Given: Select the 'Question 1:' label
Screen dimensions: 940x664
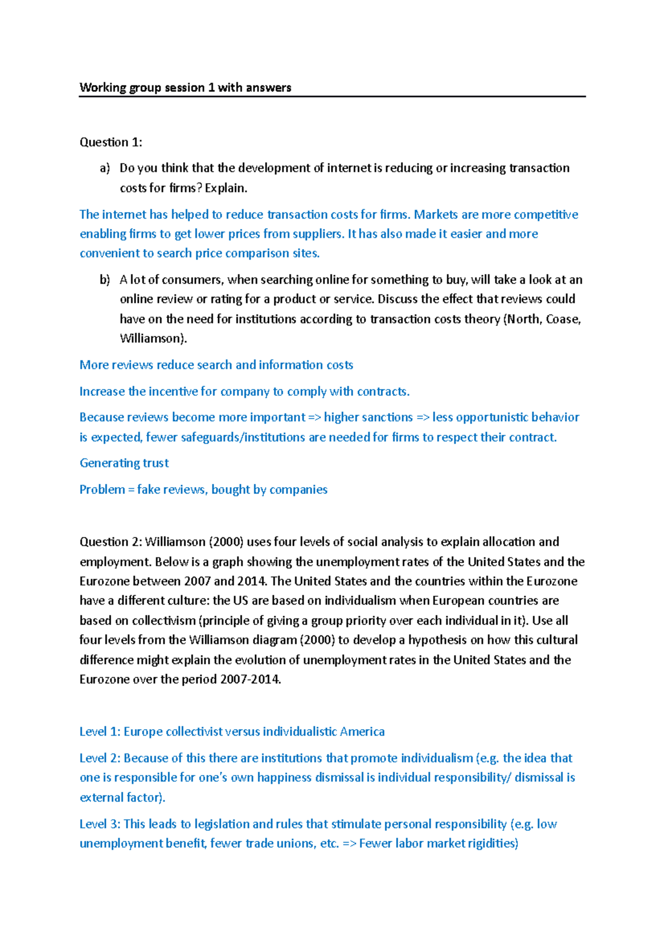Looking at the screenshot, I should pos(111,142).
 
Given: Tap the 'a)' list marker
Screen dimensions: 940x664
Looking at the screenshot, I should pos(105,168).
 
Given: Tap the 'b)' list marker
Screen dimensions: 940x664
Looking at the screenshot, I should pos(105,280).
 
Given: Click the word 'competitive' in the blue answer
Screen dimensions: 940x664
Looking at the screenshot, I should pos(550,215).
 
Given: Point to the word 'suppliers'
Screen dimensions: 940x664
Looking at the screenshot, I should pos(317,234).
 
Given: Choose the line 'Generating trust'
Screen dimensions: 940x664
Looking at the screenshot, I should pos(124,463).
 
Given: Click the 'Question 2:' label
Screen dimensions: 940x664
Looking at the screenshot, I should pos(111,542).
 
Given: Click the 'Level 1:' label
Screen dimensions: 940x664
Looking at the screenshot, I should pos(100,732).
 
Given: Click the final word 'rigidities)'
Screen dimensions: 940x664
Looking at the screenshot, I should pos(492,844).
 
